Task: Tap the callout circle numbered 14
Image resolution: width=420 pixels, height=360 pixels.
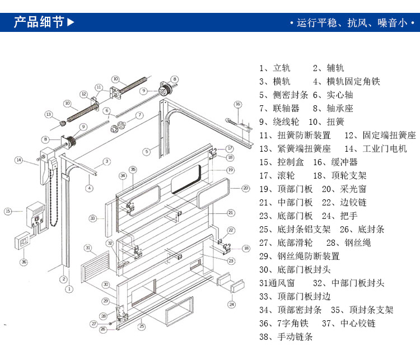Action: coord(18,161)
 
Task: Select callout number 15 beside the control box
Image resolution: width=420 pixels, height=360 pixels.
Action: coord(8,211)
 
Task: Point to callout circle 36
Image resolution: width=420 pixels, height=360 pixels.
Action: coord(23,261)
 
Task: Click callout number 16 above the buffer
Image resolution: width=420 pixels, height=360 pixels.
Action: coord(237,104)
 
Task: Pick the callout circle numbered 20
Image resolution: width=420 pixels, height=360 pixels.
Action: coord(245,188)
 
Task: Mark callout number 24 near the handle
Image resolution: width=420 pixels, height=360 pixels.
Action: coord(231,305)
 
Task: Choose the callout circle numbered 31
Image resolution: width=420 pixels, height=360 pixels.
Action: coord(87,247)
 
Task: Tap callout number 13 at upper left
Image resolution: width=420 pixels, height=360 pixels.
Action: coord(48,115)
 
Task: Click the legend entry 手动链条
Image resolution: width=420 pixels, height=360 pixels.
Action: coord(295,337)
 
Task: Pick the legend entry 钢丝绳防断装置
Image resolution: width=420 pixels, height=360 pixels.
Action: coord(307,256)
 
